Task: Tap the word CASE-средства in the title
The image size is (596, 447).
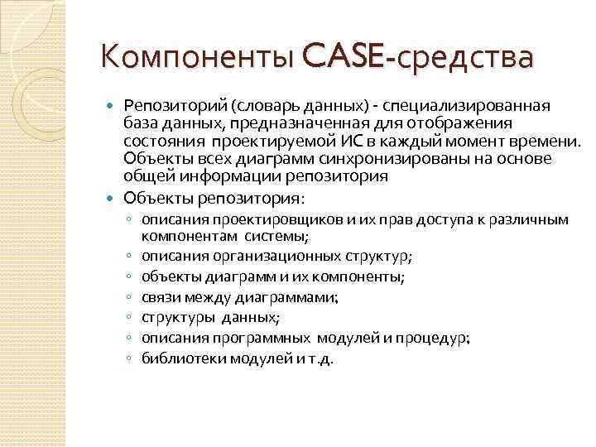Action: (x=419, y=59)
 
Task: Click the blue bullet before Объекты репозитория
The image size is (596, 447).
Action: (x=113, y=199)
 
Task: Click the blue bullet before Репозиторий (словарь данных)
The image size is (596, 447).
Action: (x=113, y=106)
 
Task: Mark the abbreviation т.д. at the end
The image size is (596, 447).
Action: (x=317, y=359)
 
